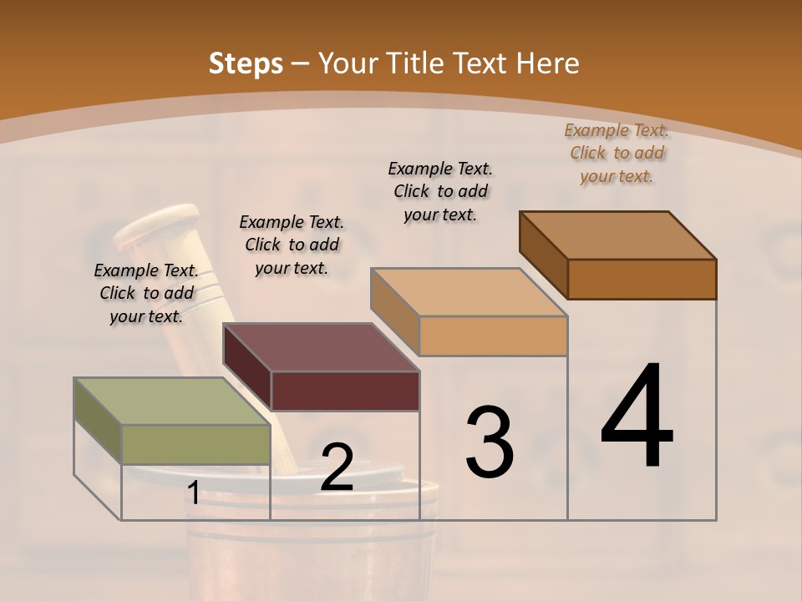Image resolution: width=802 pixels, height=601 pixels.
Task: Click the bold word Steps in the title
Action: tap(246, 63)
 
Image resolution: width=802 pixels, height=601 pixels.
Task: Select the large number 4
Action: tap(637, 417)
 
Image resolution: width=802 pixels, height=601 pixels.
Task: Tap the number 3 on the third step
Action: tap(489, 442)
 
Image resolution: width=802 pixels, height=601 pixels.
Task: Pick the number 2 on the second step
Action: tap(337, 467)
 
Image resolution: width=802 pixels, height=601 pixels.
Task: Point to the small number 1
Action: tap(193, 493)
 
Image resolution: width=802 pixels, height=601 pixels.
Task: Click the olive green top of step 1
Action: tap(159, 402)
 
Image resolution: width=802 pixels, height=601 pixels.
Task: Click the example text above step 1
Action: tap(146, 293)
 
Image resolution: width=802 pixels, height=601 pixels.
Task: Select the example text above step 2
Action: tap(292, 245)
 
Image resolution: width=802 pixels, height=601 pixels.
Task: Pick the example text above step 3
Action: tap(440, 191)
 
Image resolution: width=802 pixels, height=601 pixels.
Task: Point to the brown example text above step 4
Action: tap(617, 153)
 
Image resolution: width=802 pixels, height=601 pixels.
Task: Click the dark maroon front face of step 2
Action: tap(345, 391)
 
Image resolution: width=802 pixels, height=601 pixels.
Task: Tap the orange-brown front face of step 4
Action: tap(642, 279)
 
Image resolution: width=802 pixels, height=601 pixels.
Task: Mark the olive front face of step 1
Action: tap(196, 444)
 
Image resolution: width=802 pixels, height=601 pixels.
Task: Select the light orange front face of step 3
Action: tap(493, 336)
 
